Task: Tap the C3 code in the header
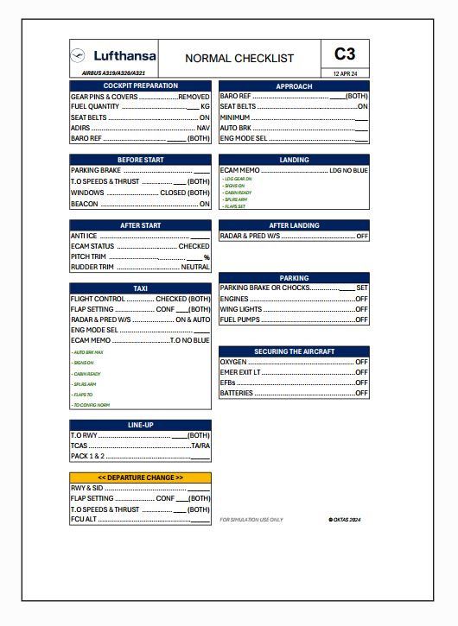click(x=345, y=54)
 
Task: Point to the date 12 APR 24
click(x=345, y=73)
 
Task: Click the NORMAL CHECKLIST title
click(x=239, y=59)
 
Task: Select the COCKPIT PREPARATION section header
click(x=140, y=85)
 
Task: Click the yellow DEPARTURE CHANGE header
click(x=140, y=477)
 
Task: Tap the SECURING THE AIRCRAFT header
click(x=294, y=351)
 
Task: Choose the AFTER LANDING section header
click(x=294, y=225)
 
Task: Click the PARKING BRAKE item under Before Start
click(x=96, y=170)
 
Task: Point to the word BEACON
click(x=85, y=204)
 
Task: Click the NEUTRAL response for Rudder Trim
click(x=195, y=267)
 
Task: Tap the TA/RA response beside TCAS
click(x=200, y=446)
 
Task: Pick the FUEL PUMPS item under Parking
click(x=240, y=319)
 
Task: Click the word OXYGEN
click(x=233, y=362)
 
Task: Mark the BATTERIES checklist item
click(x=237, y=393)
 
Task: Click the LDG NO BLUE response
click(x=348, y=171)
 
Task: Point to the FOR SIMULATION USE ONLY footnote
click(x=251, y=520)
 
